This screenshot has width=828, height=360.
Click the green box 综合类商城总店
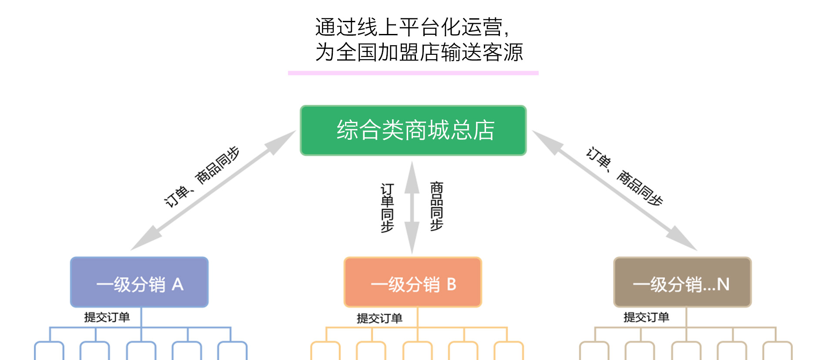tap(413, 130)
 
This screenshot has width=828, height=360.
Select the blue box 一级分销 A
tap(139, 282)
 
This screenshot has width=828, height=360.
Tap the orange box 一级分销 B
tap(412, 282)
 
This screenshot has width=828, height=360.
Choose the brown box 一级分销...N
tap(682, 282)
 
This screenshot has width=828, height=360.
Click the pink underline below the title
tap(413, 73)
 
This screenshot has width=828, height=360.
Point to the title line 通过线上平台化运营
tap(412, 27)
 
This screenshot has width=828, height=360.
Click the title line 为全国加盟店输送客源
tap(419, 52)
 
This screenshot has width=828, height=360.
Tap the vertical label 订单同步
tap(387, 208)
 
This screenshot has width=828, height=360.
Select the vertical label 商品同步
tap(436, 206)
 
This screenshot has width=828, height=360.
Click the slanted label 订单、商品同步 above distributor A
tap(201, 176)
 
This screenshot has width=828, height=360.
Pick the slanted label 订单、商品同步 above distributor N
tap(624, 176)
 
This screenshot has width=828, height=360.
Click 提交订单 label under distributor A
tap(107, 317)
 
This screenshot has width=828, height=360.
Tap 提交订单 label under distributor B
tap(379, 318)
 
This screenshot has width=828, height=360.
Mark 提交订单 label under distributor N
tap(646, 317)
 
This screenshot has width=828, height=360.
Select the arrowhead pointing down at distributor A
tap(144, 240)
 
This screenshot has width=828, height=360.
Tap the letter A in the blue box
tap(178, 285)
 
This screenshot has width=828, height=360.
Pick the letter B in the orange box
tap(451, 284)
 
